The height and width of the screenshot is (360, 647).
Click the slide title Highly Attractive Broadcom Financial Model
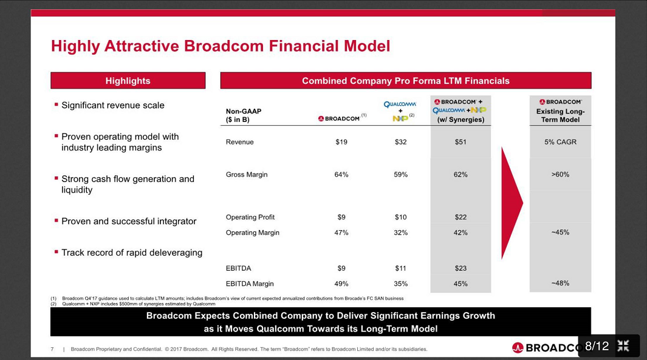(x=220, y=46)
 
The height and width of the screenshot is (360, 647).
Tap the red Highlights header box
(x=128, y=81)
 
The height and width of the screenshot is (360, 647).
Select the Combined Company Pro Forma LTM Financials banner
(x=405, y=81)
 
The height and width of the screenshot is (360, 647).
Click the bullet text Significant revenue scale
(x=112, y=105)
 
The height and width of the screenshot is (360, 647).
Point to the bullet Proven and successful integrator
(x=128, y=221)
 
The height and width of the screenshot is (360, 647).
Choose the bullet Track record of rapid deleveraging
(x=131, y=253)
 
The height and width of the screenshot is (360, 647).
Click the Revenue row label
(x=239, y=142)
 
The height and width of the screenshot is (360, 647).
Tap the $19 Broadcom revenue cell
(x=341, y=142)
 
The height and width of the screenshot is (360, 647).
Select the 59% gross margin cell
(x=400, y=174)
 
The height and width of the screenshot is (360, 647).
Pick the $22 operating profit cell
(x=460, y=217)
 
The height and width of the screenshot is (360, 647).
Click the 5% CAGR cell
(x=560, y=142)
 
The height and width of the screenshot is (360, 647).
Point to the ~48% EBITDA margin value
(x=560, y=283)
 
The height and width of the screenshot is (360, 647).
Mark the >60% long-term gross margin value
(x=560, y=174)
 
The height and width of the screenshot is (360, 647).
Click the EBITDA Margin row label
(x=250, y=284)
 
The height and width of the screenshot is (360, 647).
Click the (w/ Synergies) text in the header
(x=460, y=120)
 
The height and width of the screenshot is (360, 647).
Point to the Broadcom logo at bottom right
(x=544, y=348)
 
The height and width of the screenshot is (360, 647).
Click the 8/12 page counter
(x=596, y=346)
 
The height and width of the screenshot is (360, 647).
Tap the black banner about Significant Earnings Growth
(x=320, y=322)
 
